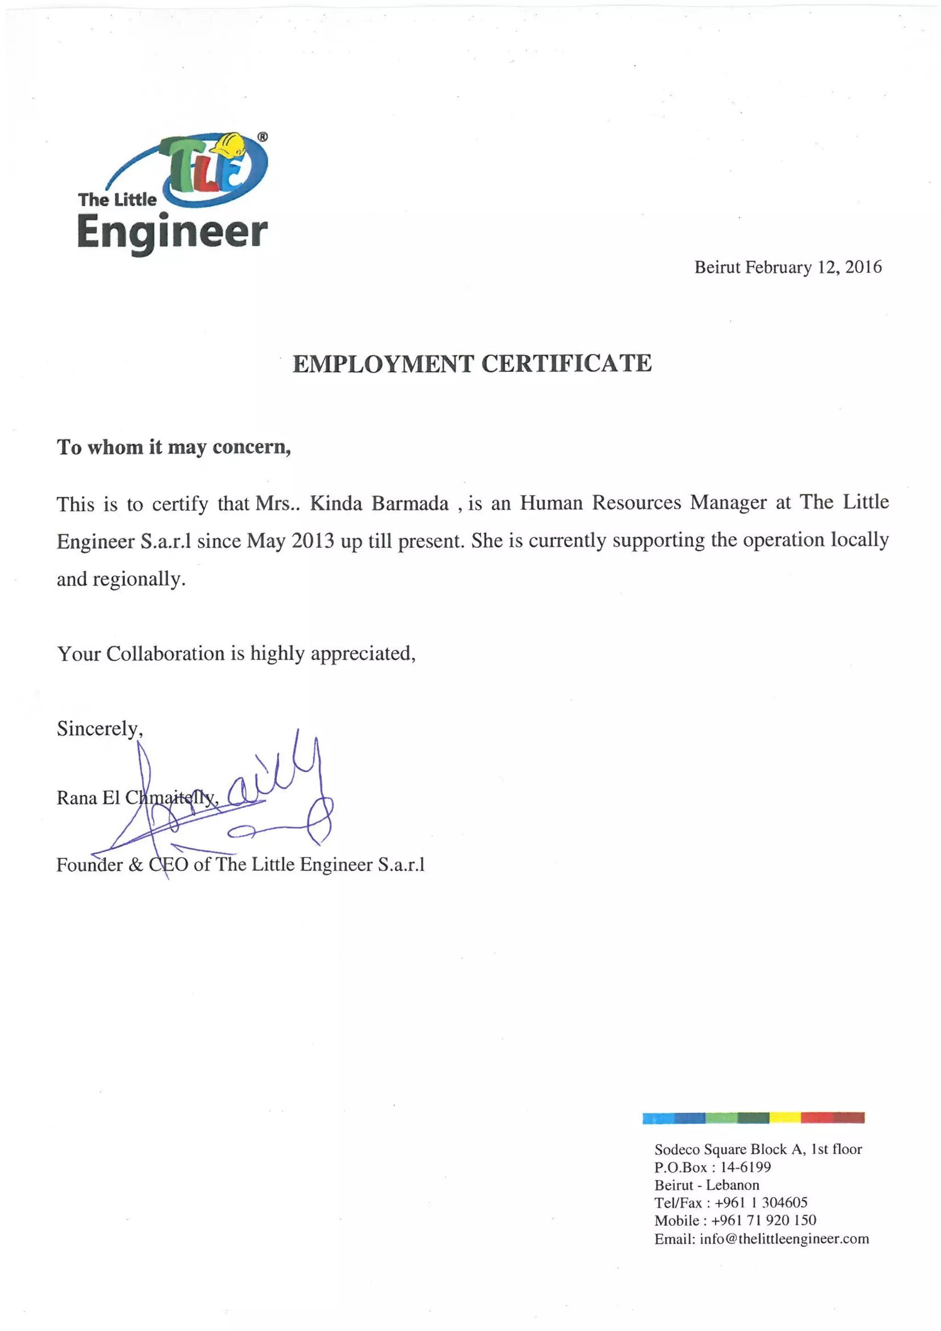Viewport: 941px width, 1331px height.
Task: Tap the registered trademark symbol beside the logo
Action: tap(263, 137)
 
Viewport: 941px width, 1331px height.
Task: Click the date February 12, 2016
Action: tap(813, 267)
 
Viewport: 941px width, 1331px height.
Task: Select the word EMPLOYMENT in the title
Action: tap(383, 364)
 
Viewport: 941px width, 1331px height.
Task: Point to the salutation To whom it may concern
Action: tap(173, 447)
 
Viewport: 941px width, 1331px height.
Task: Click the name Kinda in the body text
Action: tap(336, 503)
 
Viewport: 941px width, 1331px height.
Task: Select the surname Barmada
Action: tap(410, 503)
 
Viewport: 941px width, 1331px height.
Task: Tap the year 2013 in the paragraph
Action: tap(312, 541)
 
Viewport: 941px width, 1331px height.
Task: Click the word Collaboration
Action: tap(165, 654)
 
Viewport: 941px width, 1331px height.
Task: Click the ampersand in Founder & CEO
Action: tap(135, 865)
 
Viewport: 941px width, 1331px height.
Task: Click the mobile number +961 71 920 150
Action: tap(764, 1220)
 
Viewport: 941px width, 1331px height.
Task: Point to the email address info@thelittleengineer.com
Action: tap(784, 1239)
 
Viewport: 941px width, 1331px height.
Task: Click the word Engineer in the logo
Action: tap(172, 232)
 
